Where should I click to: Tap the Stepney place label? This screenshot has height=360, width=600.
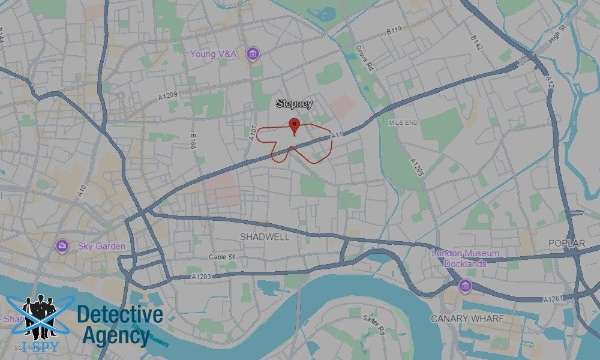pyautogui.click(x=294, y=104)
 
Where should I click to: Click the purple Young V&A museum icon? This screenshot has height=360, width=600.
pyautogui.click(x=253, y=54)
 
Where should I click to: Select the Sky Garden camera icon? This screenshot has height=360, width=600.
pyautogui.click(x=62, y=246)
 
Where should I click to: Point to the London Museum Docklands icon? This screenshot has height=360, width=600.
pyautogui.click(x=464, y=286)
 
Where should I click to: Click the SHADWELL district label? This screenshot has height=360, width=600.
pyautogui.click(x=265, y=237)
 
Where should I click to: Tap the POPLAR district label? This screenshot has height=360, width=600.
pyautogui.click(x=567, y=243)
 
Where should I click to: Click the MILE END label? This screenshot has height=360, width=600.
pyautogui.click(x=403, y=122)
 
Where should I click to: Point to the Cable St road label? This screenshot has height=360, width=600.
pyautogui.click(x=223, y=257)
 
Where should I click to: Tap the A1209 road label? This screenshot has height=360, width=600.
pyautogui.click(x=169, y=96)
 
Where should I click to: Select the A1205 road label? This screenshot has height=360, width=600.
pyautogui.click(x=417, y=166)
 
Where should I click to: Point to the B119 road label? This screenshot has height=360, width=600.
pyautogui.click(x=394, y=30)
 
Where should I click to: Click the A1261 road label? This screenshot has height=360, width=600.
pyautogui.click(x=554, y=299)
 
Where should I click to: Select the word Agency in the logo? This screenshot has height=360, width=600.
pyautogui.click(x=116, y=336)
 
